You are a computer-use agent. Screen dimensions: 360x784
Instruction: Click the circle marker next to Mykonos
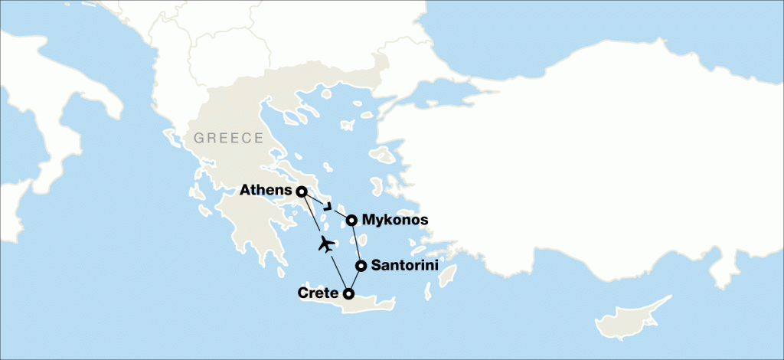coord(351,221)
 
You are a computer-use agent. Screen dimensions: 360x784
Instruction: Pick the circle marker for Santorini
coord(360,266)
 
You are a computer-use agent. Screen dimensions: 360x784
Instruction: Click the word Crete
coord(317,293)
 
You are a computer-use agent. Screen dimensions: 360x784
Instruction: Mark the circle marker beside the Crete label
coord(348,293)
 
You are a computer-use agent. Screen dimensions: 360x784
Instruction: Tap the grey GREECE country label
coord(228,139)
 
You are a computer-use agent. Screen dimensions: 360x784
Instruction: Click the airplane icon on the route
coord(326,245)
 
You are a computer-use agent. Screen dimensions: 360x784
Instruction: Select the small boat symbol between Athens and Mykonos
coord(328,206)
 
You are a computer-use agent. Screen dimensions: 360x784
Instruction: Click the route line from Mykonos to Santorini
coord(356,244)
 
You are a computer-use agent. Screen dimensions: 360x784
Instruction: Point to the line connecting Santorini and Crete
coord(354,280)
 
